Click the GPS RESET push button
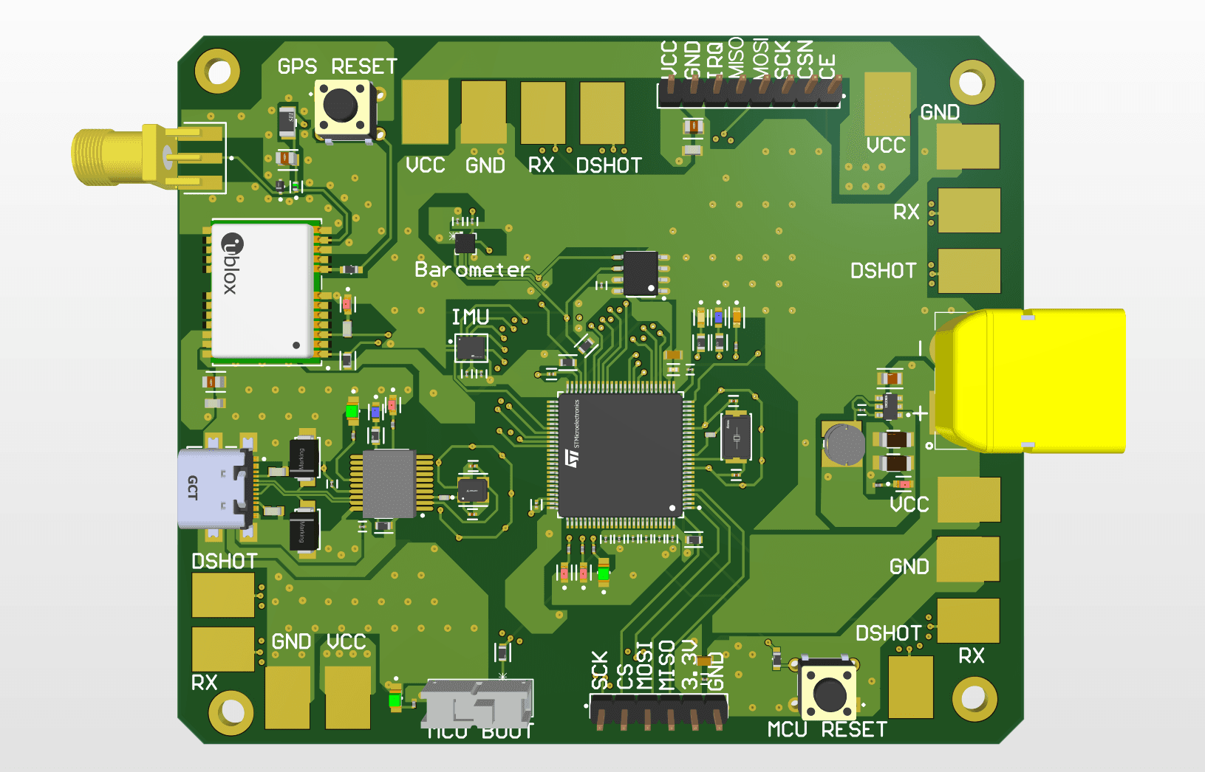342,108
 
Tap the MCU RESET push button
829,692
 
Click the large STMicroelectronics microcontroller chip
619,455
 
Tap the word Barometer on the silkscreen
471,270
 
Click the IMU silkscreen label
471,317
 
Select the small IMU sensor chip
471,348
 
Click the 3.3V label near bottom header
689,664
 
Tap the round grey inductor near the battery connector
844,444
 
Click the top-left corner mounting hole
217,72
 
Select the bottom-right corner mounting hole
974,697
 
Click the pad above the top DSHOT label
602,113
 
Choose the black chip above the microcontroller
640,273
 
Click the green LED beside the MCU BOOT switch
395,698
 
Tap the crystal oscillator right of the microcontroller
736,438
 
